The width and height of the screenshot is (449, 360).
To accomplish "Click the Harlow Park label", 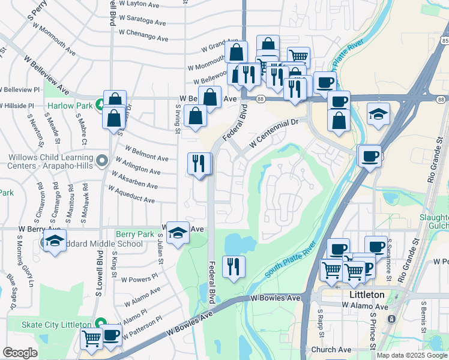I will coord(70,106).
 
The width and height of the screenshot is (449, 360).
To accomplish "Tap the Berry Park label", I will coord(134,234).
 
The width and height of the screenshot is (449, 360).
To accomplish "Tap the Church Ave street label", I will coord(331,349).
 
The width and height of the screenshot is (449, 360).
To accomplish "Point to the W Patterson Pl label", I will coord(143,326).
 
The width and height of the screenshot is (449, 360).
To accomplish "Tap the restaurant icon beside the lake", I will coord(234,265).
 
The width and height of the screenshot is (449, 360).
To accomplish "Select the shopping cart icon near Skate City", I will coord(91,338).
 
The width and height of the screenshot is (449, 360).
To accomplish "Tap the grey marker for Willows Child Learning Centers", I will coord(102,161).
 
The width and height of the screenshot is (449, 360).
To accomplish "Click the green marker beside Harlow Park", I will coord(99,101).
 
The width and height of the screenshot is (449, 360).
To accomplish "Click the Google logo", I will coord(20,353).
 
